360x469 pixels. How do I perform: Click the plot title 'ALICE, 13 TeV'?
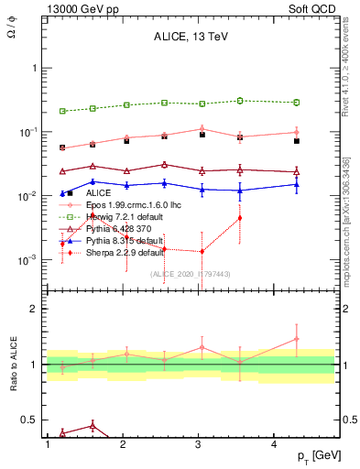[x=190, y=38]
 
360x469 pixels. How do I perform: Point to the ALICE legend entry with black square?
[x=98, y=193]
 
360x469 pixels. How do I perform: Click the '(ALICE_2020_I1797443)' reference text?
[x=190, y=274]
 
